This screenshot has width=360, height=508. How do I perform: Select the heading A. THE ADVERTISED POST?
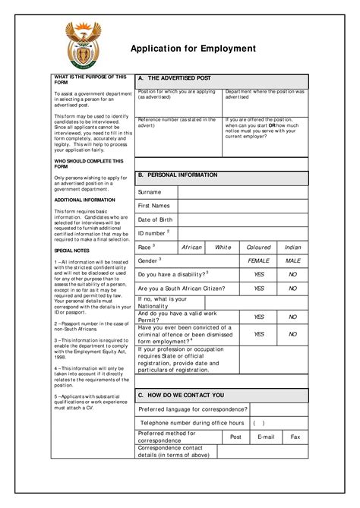[174, 79]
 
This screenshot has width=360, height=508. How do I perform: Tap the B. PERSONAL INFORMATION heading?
[177, 175]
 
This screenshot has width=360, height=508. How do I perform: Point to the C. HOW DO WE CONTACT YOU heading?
[181, 396]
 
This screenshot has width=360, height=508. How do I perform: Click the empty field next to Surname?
[243, 192]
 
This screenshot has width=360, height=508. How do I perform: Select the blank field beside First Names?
[243, 206]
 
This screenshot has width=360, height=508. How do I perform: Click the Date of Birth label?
[156, 219]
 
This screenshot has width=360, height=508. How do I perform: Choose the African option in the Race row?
[192, 247]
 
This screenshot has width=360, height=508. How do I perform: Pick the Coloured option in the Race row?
[259, 247]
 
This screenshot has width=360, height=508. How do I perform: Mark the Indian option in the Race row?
[292, 247]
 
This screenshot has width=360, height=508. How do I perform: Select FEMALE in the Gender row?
[259, 260]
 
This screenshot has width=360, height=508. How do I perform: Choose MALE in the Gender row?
[292, 260]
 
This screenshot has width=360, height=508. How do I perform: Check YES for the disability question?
[259, 274]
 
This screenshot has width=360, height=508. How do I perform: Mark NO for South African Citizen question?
[292, 289]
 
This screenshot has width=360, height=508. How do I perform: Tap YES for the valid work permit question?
[259, 317]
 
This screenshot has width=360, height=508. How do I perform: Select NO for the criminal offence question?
[292, 334]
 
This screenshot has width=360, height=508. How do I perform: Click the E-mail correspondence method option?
[266, 437]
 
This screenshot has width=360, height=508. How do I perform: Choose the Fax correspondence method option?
[295, 437]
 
